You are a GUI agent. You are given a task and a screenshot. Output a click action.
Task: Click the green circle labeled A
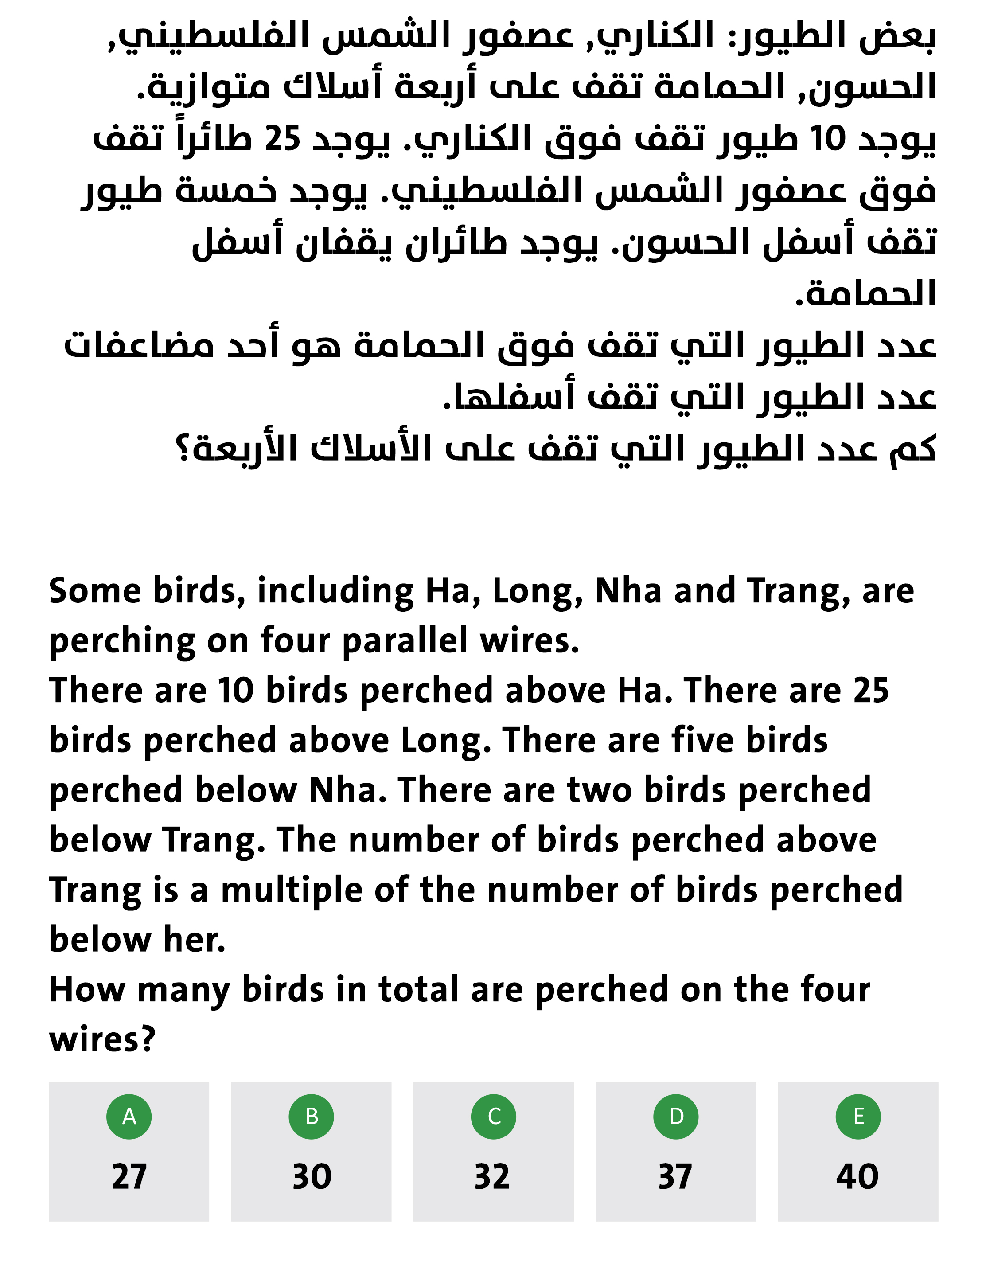(x=129, y=1116)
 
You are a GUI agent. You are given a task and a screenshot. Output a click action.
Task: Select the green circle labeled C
(x=494, y=1116)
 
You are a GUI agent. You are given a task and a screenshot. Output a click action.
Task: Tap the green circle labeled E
(x=858, y=1116)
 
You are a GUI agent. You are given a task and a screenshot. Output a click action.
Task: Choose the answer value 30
(x=312, y=1176)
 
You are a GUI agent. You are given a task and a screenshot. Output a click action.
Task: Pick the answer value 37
(x=675, y=1176)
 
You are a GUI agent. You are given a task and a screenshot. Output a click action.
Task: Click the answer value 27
(x=129, y=1176)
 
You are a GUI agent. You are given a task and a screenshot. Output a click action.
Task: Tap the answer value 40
(x=858, y=1176)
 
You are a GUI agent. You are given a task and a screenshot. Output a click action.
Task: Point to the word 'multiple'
(x=292, y=890)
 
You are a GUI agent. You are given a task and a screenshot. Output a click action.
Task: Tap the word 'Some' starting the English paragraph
(x=95, y=591)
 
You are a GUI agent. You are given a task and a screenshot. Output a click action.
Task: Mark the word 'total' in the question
(x=418, y=990)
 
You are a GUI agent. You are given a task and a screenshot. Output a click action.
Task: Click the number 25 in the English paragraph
(x=871, y=691)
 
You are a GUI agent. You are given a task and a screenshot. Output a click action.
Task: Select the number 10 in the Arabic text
(x=827, y=139)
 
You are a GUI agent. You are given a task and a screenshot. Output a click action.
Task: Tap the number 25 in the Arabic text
(x=283, y=139)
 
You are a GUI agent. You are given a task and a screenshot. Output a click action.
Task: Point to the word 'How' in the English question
(x=87, y=990)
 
